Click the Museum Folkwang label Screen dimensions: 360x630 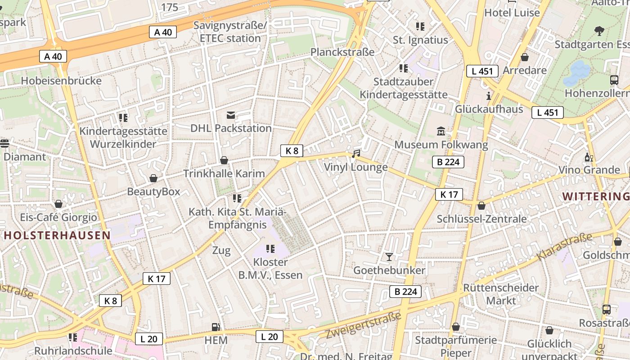(441, 144)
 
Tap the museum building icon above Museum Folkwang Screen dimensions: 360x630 (441, 131)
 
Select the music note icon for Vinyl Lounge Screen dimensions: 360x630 (356, 154)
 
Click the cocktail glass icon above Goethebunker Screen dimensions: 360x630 (389, 257)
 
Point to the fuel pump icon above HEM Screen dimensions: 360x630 (216, 327)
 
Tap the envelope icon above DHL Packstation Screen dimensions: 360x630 (231, 115)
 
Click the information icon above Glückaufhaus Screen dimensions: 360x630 (489, 96)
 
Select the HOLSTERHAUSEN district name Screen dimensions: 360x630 (57, 235)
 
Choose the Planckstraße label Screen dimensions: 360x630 (342, 52)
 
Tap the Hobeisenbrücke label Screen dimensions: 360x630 (61, 81)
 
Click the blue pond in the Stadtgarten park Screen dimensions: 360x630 (576, 73)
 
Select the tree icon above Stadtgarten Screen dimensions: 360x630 (599, 31)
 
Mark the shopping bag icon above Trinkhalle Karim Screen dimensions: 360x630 (224, 160)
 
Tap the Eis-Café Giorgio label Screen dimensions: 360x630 (58, 217)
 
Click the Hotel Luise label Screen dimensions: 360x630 (512, 13)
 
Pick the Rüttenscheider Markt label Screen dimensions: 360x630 (501, 294)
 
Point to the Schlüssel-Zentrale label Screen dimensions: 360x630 (481, 219)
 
